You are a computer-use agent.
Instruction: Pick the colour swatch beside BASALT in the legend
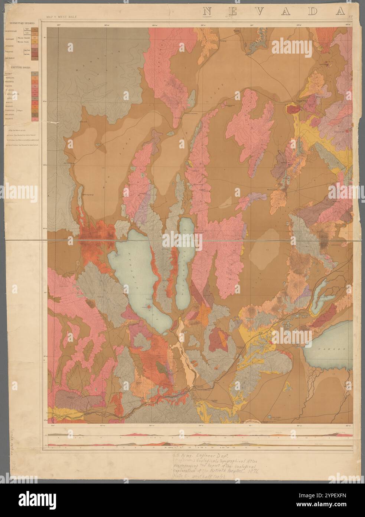tap(35, 74)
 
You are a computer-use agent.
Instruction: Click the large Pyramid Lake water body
tap(134, 268)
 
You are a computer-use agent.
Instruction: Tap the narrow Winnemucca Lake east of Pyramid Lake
tap(185, 257)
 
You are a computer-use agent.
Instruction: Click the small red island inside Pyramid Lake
tap(149, 307)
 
